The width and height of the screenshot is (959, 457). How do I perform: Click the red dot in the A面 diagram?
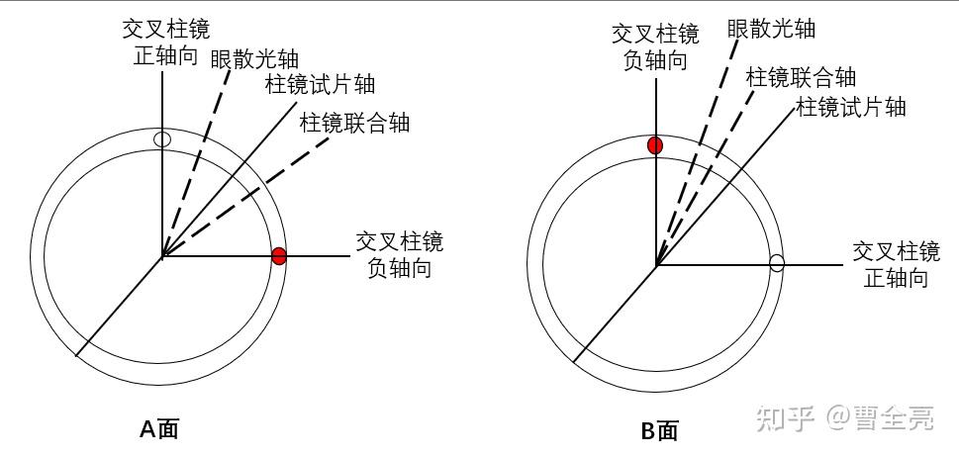[279, 256]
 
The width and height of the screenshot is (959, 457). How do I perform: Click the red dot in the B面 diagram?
[654, 146]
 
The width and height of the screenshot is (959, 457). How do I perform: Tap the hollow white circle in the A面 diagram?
[163, 139]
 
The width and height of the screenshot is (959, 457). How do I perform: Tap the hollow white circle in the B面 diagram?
[777, 263]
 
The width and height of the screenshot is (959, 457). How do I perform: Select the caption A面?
[158, 428]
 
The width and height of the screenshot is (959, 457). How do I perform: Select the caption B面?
[658, 430]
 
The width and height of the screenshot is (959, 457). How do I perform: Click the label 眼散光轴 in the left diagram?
[254, 57]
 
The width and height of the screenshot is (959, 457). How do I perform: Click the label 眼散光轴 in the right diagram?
[771, 28]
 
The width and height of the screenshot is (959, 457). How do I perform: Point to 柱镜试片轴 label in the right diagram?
[852, 106]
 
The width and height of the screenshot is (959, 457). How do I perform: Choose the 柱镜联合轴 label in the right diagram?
[801, 77]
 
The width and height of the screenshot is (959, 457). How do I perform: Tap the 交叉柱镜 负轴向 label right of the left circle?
[399, 254]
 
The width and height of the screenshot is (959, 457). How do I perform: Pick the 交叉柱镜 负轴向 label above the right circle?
[655, 46]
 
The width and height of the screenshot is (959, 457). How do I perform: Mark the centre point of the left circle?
[162, 257]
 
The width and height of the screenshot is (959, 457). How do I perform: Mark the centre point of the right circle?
[655, 264]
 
